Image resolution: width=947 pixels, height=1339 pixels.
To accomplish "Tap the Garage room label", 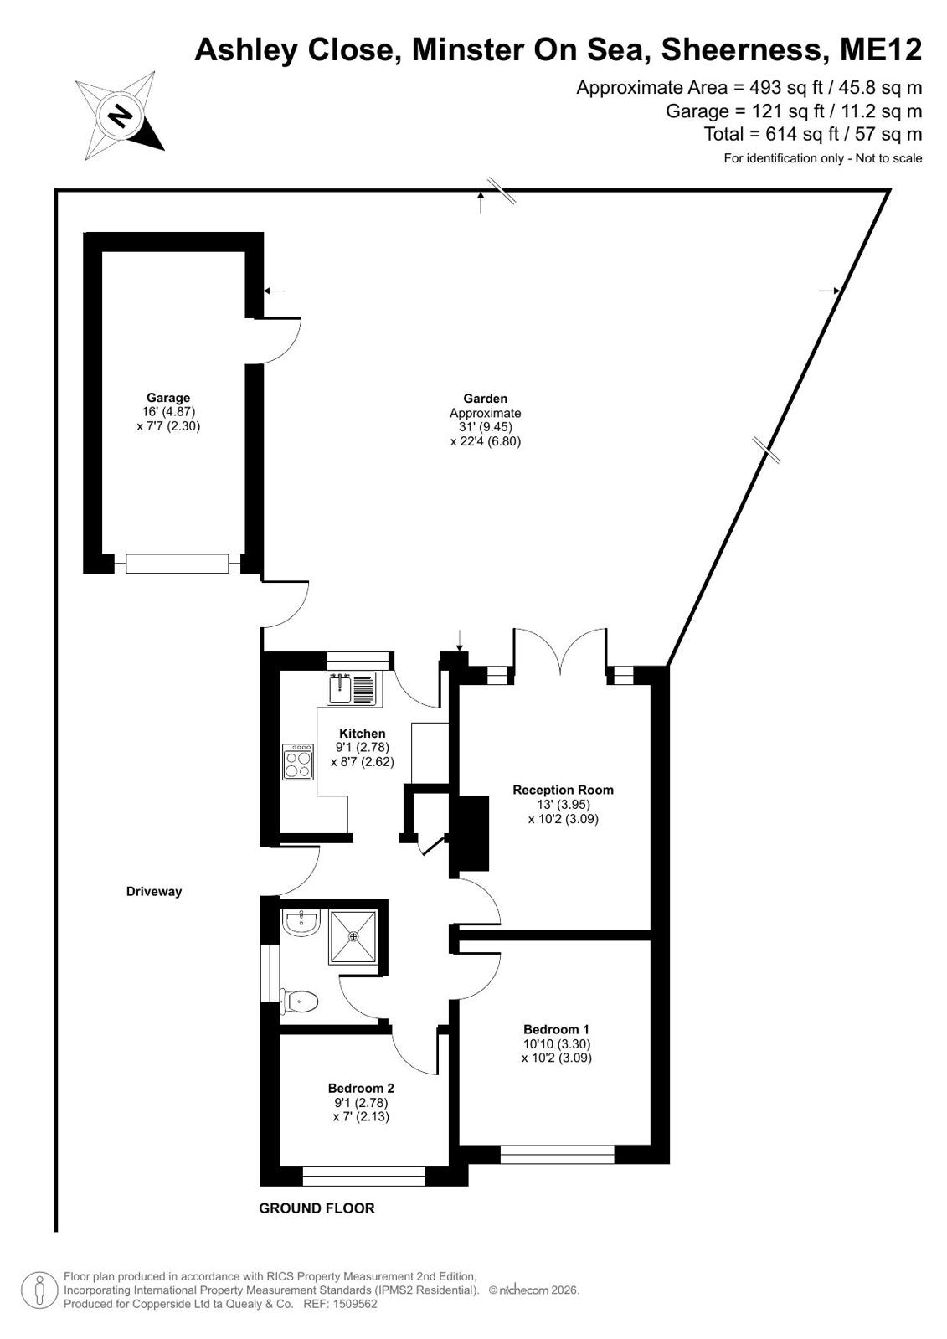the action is coord(168,398).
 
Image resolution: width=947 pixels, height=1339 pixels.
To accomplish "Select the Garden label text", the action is coord(485,398).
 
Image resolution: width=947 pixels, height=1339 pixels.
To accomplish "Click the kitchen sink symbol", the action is coord(352,688).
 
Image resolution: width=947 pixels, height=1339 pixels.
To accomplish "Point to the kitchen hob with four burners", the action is coord(298,761).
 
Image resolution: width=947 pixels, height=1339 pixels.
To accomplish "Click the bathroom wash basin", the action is coord(301,922).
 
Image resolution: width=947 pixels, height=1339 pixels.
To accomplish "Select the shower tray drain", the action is coord(353,936).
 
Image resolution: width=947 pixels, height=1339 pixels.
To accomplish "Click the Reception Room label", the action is coord(563,790).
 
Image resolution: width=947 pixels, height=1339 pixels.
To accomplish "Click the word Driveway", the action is coord(154,891).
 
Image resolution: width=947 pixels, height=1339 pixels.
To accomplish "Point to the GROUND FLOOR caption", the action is coord(317,1208).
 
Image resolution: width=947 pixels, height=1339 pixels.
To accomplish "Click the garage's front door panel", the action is coord(177,564).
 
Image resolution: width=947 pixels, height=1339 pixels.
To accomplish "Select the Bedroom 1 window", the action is coord(557,1154).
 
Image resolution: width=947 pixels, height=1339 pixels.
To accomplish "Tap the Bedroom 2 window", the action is coord(363,1176).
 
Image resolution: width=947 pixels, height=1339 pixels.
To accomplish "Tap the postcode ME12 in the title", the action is coord(881,49).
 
